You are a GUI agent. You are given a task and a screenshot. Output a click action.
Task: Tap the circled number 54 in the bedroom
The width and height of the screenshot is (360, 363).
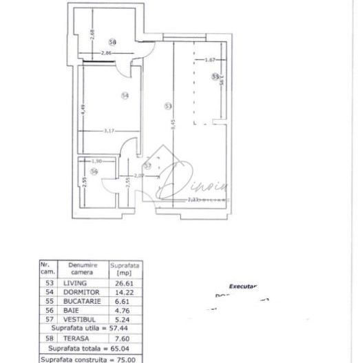125,96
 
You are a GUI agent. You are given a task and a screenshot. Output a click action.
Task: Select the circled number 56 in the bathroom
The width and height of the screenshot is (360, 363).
94,172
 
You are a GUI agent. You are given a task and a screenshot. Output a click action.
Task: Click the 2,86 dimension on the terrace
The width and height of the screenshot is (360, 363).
106,54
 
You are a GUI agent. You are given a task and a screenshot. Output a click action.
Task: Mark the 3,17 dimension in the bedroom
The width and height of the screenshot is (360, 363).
109,130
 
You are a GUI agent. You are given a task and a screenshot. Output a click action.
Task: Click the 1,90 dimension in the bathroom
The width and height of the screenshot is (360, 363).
96,162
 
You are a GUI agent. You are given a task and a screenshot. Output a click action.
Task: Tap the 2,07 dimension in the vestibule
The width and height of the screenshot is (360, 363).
138,176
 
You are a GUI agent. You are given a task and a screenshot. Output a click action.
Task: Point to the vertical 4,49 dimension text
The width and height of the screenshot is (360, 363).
83,109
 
